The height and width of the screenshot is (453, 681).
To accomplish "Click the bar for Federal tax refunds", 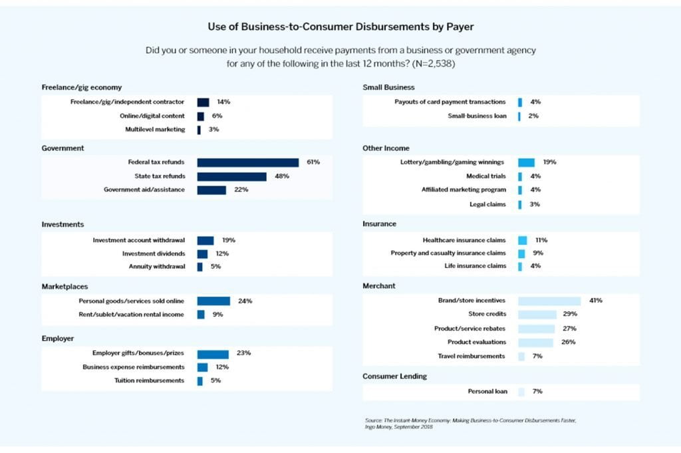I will [x=247, y=162].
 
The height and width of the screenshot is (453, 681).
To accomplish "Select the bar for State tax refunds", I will [x=231, y=176].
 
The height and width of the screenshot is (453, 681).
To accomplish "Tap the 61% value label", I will [x=313, y=162].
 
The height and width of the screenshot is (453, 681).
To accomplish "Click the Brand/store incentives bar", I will [x=549, y=301].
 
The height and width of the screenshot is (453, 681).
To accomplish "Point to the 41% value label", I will [x=595, y=301].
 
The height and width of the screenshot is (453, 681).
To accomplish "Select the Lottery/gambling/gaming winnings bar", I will [x=526, y=162].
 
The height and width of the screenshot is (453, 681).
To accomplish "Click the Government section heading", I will [x=63, y=148].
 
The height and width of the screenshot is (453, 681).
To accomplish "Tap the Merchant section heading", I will [x=379, y=286].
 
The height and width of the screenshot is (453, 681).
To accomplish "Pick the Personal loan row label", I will [x=487, y=391].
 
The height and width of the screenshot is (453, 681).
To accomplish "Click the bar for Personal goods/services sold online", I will [x=213, y=301].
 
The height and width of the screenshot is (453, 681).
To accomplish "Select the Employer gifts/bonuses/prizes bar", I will [x=213, y=354].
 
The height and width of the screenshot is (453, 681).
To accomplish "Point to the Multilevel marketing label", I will [x=155, y=129].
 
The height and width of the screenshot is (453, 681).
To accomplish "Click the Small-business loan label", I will [x=477, y=116].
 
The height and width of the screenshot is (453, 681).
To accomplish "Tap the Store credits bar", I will [x=537, y=314].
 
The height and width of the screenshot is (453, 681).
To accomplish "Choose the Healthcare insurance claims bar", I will [x=523, y=240].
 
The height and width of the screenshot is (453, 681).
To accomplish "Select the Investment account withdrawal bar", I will [x=205, y=240].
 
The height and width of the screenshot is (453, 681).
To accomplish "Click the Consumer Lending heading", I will [x=395, y=377].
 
